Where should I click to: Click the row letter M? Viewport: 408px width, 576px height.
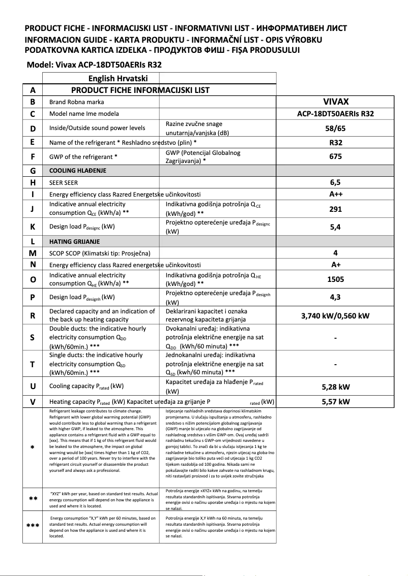click(x=33, y=253)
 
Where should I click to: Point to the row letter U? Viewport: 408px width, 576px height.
click(x=33, y=387)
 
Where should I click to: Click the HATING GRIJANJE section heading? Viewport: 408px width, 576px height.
click(x=74, y=241)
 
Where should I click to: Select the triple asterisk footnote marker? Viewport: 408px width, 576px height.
click(x=33, y=526)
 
